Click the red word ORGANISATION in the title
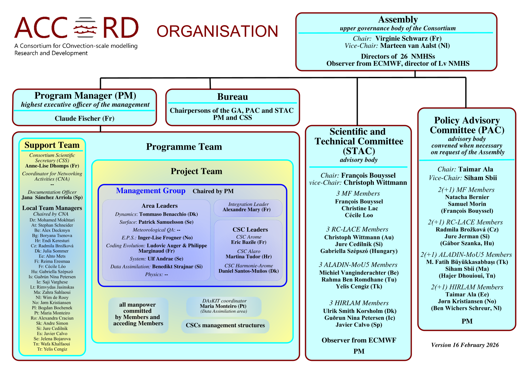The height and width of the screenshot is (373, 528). pos(217,31)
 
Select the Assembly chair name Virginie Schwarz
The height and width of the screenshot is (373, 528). pos(408,39)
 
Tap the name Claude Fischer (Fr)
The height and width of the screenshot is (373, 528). pos(84,118)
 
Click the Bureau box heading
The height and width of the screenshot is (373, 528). pos(232,97)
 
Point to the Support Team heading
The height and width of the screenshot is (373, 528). pos(52,145)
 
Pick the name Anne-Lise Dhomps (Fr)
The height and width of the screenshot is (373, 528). pos(52,166)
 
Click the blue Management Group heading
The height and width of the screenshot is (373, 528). pos(150,191)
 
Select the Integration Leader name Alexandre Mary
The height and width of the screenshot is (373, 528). pos(246,210)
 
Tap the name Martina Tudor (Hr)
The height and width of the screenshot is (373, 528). pos(249,257)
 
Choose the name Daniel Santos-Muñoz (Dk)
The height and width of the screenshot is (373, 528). pos(249,271)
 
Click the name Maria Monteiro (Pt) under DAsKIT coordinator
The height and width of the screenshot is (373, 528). pos(223,306)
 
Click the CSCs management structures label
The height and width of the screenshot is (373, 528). pos(225,325)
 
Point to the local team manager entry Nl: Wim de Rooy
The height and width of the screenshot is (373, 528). pos(52,297)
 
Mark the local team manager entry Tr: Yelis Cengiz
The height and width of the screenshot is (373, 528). pos(52,349)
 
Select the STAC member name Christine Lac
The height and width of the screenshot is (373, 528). pos(359,208)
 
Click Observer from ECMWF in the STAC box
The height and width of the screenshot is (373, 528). pos(359,340)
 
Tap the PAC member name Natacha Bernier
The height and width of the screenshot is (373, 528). pos(467,197)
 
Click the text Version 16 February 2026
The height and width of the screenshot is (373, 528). pos(465,345)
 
